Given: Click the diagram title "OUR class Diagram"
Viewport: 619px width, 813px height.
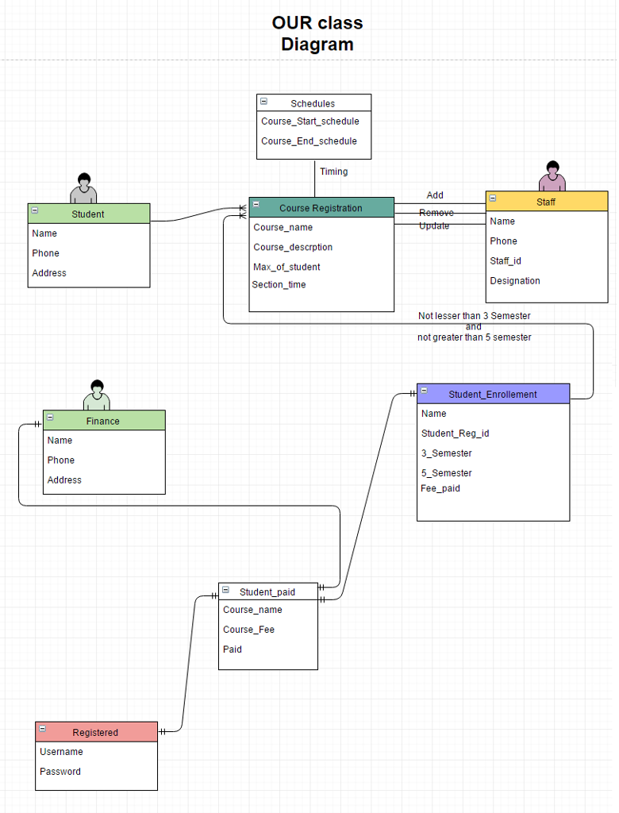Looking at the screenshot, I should (x=317, y=34).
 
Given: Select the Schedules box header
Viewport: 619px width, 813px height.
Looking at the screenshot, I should (x=313, y=103).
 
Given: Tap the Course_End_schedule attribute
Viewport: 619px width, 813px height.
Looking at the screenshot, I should (x=309, y=141).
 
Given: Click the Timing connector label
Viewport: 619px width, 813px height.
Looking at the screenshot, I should (x=333, y=171).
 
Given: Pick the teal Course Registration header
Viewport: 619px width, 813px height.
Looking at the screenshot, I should (x=321, y=208).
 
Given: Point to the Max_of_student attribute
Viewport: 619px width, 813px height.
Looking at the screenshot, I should (x=286, y=267).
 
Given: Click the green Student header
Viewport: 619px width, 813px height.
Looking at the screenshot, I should (x=88, y=214).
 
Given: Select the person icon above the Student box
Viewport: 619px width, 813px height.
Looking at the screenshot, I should (x=83, y=188).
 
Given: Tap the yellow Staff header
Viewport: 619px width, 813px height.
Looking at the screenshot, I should (x=546, y=202).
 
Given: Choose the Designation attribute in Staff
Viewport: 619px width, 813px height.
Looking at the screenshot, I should (x=514, y=281).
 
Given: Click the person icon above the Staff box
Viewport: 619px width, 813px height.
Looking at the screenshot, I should (x=552, y=176).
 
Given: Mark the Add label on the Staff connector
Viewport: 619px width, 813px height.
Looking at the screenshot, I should (x=435, y=195).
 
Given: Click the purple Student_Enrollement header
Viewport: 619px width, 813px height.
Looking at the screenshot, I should (x=493, y=394).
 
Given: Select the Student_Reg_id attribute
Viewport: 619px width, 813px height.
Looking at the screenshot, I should (x=455, y=433).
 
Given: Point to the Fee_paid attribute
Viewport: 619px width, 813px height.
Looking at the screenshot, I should (x=440, y=488).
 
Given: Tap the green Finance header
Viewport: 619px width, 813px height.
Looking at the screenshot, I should (x=103, y=421).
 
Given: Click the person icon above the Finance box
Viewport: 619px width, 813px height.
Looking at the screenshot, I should (x=97, y=395).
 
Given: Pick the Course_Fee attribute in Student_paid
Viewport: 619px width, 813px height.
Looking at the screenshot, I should (x=248, y=630).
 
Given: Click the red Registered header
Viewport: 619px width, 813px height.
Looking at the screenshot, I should (x=95, y=732).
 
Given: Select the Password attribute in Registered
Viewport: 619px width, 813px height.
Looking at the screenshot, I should (x=60, y=772).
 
